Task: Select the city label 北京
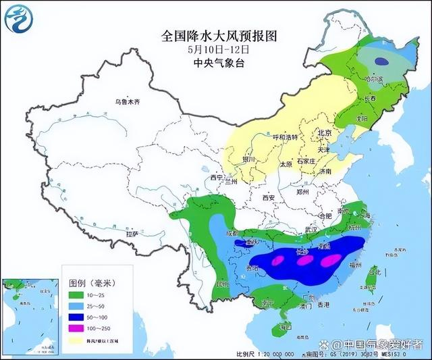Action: [325, 134]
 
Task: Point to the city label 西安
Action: [268, 197]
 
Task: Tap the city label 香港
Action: [323, 305]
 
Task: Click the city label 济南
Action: [325, 172]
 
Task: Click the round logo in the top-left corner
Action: [18, 18]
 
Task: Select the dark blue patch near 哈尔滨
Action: [382, 61]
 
